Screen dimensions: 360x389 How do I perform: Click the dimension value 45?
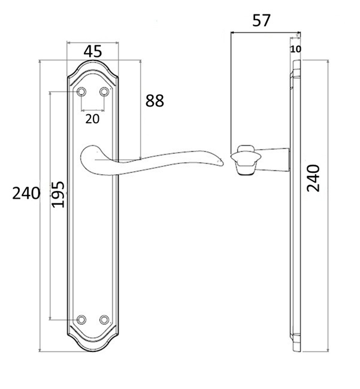pos(93,51)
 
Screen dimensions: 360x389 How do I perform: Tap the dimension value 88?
pos(155,101)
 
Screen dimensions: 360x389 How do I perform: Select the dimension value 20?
pos(92,119)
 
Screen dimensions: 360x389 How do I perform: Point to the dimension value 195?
pos(58,194)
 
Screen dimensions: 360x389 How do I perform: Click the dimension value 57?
pos(261,20)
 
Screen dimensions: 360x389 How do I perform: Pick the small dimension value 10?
pos(296,49)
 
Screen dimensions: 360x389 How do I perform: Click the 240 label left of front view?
pos(26,193)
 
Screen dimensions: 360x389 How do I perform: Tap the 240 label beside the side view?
pos(313,178)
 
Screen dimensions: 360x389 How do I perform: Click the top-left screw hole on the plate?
pos(81,92)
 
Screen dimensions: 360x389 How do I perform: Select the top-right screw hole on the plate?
pos(104,92)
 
